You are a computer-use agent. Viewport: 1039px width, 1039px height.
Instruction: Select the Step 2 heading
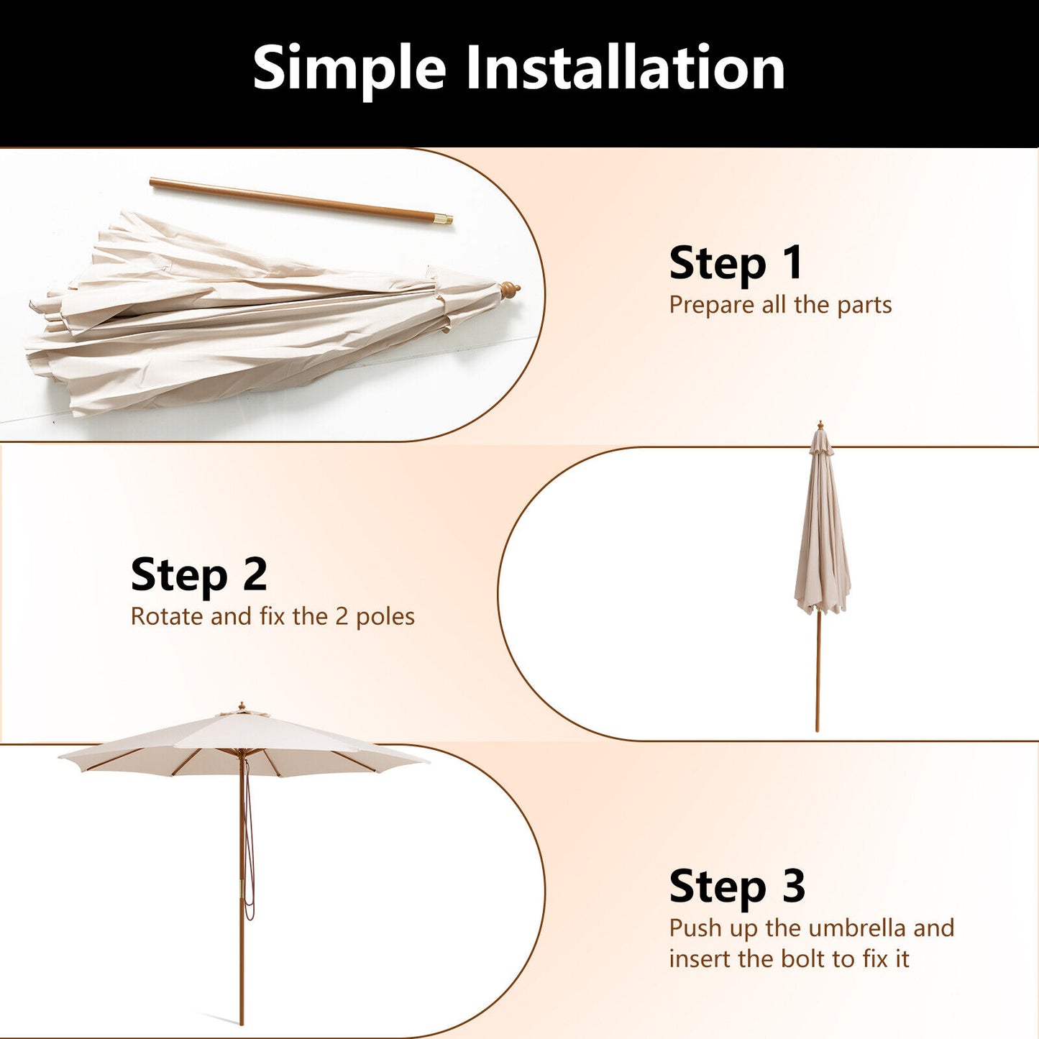pos(198,575)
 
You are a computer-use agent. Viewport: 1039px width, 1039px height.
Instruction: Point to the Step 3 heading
pos(736,887)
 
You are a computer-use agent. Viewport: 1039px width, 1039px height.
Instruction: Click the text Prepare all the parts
pos(780,305)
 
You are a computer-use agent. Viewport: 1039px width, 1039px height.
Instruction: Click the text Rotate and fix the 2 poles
pos(273,617)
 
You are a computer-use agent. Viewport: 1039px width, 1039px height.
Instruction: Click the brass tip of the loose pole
pos(445,219)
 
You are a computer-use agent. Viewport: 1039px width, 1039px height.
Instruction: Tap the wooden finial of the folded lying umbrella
pos(511,290)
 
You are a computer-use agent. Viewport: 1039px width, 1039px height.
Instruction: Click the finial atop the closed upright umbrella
pos(820,426)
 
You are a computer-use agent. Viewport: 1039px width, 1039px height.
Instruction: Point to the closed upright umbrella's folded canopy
pos(822,532)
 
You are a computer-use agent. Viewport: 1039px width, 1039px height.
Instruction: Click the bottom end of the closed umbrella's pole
pos(817,728)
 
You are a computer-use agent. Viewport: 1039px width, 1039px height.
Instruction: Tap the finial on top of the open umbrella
pos(242,708)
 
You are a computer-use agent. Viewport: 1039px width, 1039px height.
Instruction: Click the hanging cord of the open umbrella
pos(250,841)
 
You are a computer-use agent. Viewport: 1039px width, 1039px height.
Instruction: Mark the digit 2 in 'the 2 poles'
pos(342,617)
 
